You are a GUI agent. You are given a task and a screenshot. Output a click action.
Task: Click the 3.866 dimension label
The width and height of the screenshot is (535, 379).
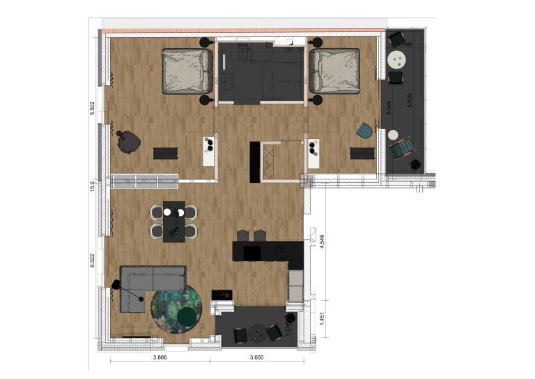(x=159, y=357)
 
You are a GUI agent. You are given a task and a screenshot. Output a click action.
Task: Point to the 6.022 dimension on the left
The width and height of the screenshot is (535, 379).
(x=92, y=261)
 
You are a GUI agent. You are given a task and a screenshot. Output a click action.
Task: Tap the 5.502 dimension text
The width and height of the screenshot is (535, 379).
(x=92, y=112)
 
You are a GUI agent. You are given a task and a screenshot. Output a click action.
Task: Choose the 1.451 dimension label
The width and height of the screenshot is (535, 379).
(x=322, y=322)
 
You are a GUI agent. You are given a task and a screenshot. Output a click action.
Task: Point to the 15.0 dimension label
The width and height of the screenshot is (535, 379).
(x=92, y=187)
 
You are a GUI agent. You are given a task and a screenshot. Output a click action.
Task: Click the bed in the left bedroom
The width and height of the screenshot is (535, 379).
(x=187, y=70)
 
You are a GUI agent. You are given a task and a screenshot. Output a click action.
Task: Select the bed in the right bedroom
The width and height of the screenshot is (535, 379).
(x=335, y=70)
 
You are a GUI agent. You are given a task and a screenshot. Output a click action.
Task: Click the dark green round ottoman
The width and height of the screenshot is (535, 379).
(x=187, y=319)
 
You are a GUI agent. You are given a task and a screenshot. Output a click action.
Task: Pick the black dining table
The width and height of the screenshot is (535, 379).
(x=173, y=221)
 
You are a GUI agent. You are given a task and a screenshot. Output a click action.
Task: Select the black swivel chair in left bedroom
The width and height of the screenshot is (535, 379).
(x=128, y=142)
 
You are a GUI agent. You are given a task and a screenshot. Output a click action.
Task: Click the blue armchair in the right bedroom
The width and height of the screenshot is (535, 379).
(x=364, y=131)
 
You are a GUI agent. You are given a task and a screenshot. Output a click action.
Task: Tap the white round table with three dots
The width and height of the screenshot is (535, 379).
(x=398, y=59)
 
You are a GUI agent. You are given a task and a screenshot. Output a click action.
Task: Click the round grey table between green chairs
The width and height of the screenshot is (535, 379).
(x=258, y=332)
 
